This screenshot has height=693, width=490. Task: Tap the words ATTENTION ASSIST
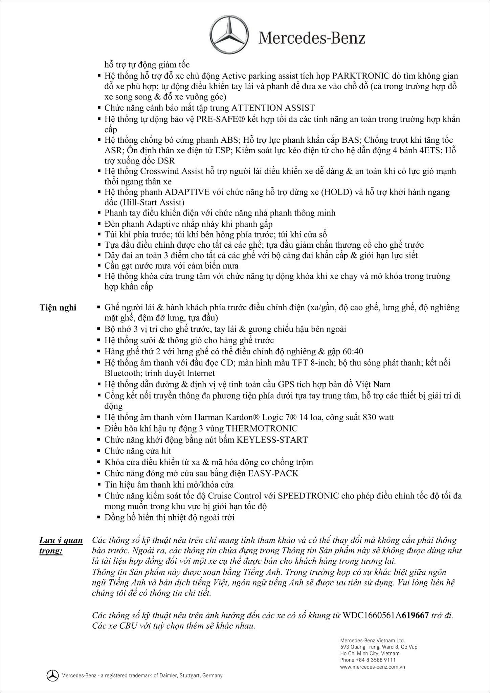coord(273,108)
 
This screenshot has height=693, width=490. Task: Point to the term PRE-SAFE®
coord(218,119)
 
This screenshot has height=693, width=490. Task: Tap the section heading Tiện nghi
coord(58,308)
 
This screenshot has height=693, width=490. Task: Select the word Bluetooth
coord(123,373)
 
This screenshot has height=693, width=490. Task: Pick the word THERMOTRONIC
coord(262,428)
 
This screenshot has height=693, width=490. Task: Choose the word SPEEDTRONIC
coord(308,496)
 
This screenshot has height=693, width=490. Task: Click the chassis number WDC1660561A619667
coord(386,615)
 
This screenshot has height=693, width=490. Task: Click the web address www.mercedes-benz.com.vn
coord(373,667)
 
